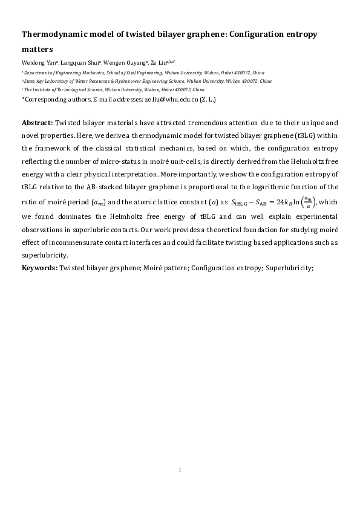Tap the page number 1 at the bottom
(x=180, y=469)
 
